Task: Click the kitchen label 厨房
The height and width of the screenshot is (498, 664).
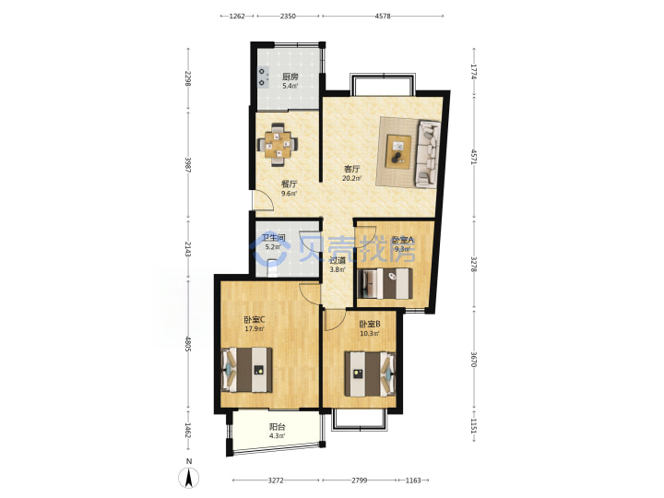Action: click(x=290, y=77)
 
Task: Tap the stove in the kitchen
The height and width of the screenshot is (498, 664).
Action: click(x=264, y=77)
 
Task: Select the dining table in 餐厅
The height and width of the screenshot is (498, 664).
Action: click(x=278, y=145)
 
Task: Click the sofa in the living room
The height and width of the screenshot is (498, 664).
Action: click(x=429, y=153)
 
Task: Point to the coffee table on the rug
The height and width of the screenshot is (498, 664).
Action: click(x=398, y=151)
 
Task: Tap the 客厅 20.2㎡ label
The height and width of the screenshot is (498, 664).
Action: click(x=351, y=173)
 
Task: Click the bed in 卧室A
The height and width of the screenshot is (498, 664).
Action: click(x=385, y=283)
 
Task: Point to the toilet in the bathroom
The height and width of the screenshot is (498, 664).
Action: click(x=273, y=269)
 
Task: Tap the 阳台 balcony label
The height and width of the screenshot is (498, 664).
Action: click(x=277, y=427)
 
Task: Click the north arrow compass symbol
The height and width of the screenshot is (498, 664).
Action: click(x=189, y=478)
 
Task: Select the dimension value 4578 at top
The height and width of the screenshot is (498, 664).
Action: click(x=383, y=16)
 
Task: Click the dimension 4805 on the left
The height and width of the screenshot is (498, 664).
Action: click(x=188, y=343)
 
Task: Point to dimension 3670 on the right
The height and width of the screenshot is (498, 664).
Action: click(x=474, y=360)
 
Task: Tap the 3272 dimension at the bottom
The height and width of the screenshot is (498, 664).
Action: click(x=276, y=480)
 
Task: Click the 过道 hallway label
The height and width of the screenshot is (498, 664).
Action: click(x=338, y=260)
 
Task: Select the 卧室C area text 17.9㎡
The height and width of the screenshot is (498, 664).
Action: click(x=255, y=328)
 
